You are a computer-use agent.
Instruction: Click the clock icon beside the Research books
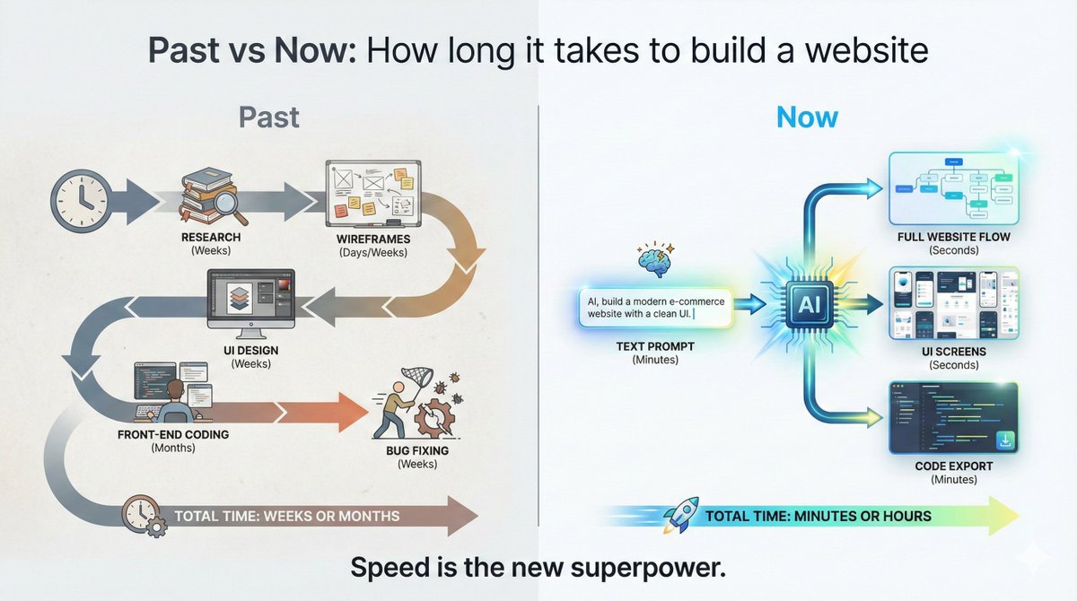coord(80,196)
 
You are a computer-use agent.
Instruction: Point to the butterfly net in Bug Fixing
coord(407,388)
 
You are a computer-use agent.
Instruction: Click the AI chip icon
coord(810,305)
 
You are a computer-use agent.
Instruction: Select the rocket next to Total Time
coord(682,516)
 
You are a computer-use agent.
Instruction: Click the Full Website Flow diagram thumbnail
coord(953,188)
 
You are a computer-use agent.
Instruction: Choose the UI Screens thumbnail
coord(953,302)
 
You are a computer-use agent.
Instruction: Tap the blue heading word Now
coord(807,118)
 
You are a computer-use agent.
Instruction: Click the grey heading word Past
coord(268,118)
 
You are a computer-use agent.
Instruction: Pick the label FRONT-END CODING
coord(173,434)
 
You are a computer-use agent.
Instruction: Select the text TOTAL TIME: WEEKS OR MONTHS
coord(286,516)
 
